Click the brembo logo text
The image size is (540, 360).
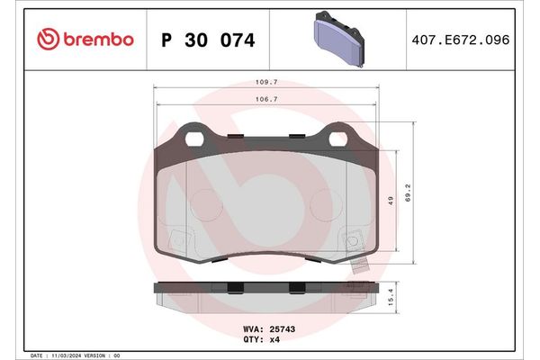pyautogui.click(x=97, y=40)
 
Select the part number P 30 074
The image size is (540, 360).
pyautogui.click(x=207, y=40)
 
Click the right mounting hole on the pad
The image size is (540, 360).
pyautogui.click(x=339, y=139)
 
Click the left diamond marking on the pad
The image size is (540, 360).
pyautogui.click(x=179, y=241)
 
